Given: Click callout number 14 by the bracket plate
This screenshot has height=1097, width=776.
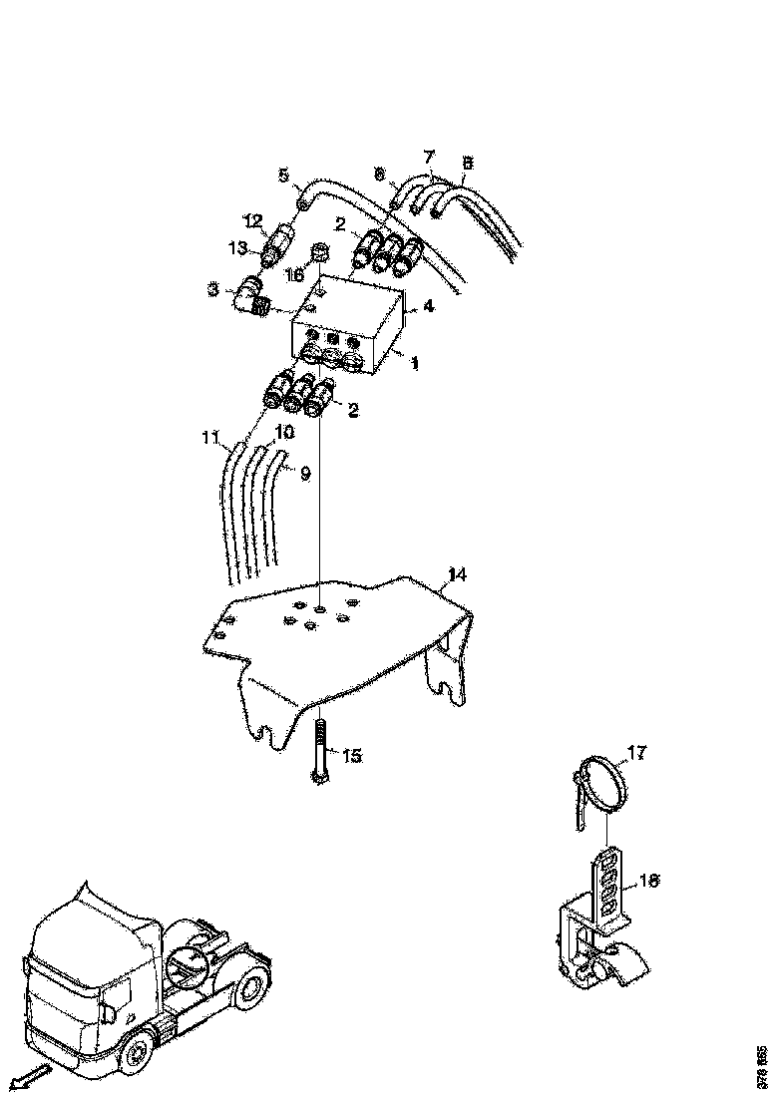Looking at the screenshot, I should (456, 574).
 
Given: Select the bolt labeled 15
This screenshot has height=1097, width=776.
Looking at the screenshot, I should (318, 753).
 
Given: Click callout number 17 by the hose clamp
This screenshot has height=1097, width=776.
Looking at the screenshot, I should (635, 752).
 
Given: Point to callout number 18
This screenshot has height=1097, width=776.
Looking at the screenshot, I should (648, 882).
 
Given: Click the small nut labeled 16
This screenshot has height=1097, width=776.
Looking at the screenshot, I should (321, 253).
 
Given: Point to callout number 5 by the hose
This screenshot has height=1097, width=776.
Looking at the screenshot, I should (283, 177).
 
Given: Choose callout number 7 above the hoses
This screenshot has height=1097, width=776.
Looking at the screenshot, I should (429, 157).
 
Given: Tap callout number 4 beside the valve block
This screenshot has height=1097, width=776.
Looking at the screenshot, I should (428, 306).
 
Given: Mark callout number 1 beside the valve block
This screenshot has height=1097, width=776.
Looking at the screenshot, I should (414, 364).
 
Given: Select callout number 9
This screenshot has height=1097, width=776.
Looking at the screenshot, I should (305, 474).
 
